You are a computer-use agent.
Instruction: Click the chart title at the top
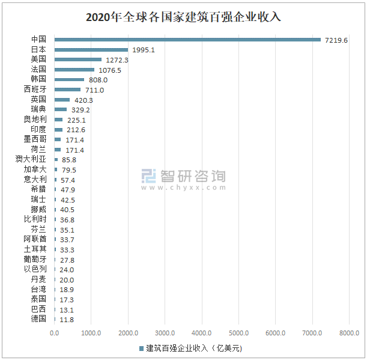coord(183,17)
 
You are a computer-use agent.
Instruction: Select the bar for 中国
coord(187,40)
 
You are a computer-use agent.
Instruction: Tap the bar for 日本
coord(91,50)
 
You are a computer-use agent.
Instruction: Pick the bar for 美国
coord(78,60)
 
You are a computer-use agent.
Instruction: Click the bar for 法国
coord(74,70)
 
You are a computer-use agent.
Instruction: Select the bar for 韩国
coord(70,80)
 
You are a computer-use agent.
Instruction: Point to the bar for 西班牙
coord(68,90)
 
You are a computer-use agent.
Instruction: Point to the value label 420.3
coord(83,100)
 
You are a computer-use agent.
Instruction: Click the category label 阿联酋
coord(35,239)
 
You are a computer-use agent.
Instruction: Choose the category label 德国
coord(38,319)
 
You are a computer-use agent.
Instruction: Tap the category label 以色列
coord(35,269)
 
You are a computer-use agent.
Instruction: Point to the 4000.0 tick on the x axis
coord(202,333)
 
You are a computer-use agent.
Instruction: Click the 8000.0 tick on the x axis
coord(349,333)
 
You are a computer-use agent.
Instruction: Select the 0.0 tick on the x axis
coord(55,333)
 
